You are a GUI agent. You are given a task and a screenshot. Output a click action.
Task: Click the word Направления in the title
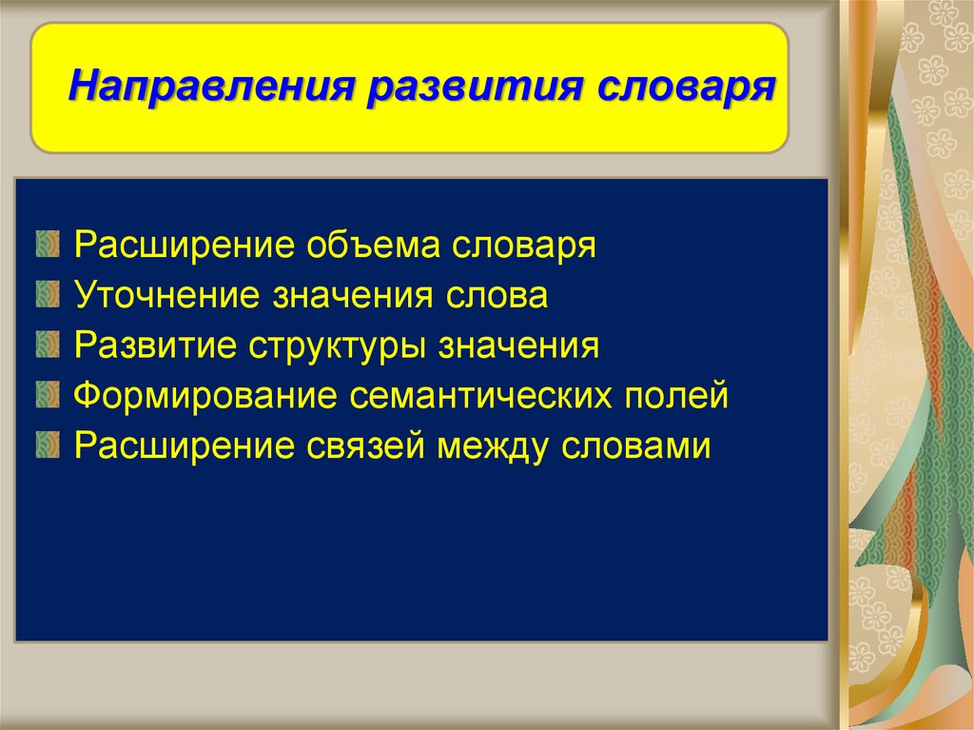coord(211,86)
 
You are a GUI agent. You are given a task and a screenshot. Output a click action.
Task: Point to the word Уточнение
coord(166,294)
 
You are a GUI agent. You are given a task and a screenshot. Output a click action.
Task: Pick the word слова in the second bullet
coord(496,295)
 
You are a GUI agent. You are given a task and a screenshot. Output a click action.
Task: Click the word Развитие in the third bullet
coord(155,345)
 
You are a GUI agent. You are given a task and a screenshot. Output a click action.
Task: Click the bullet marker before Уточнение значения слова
coord(48,294)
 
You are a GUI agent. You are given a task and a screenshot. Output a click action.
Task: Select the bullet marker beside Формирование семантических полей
coord(48,395)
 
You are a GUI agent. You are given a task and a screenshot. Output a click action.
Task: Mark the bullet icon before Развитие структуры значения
coord(48,345)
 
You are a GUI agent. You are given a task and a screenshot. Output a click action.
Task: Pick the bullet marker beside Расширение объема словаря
coord(48,244)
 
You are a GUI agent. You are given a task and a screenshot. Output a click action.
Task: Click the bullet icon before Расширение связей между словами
coord(48,445)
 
